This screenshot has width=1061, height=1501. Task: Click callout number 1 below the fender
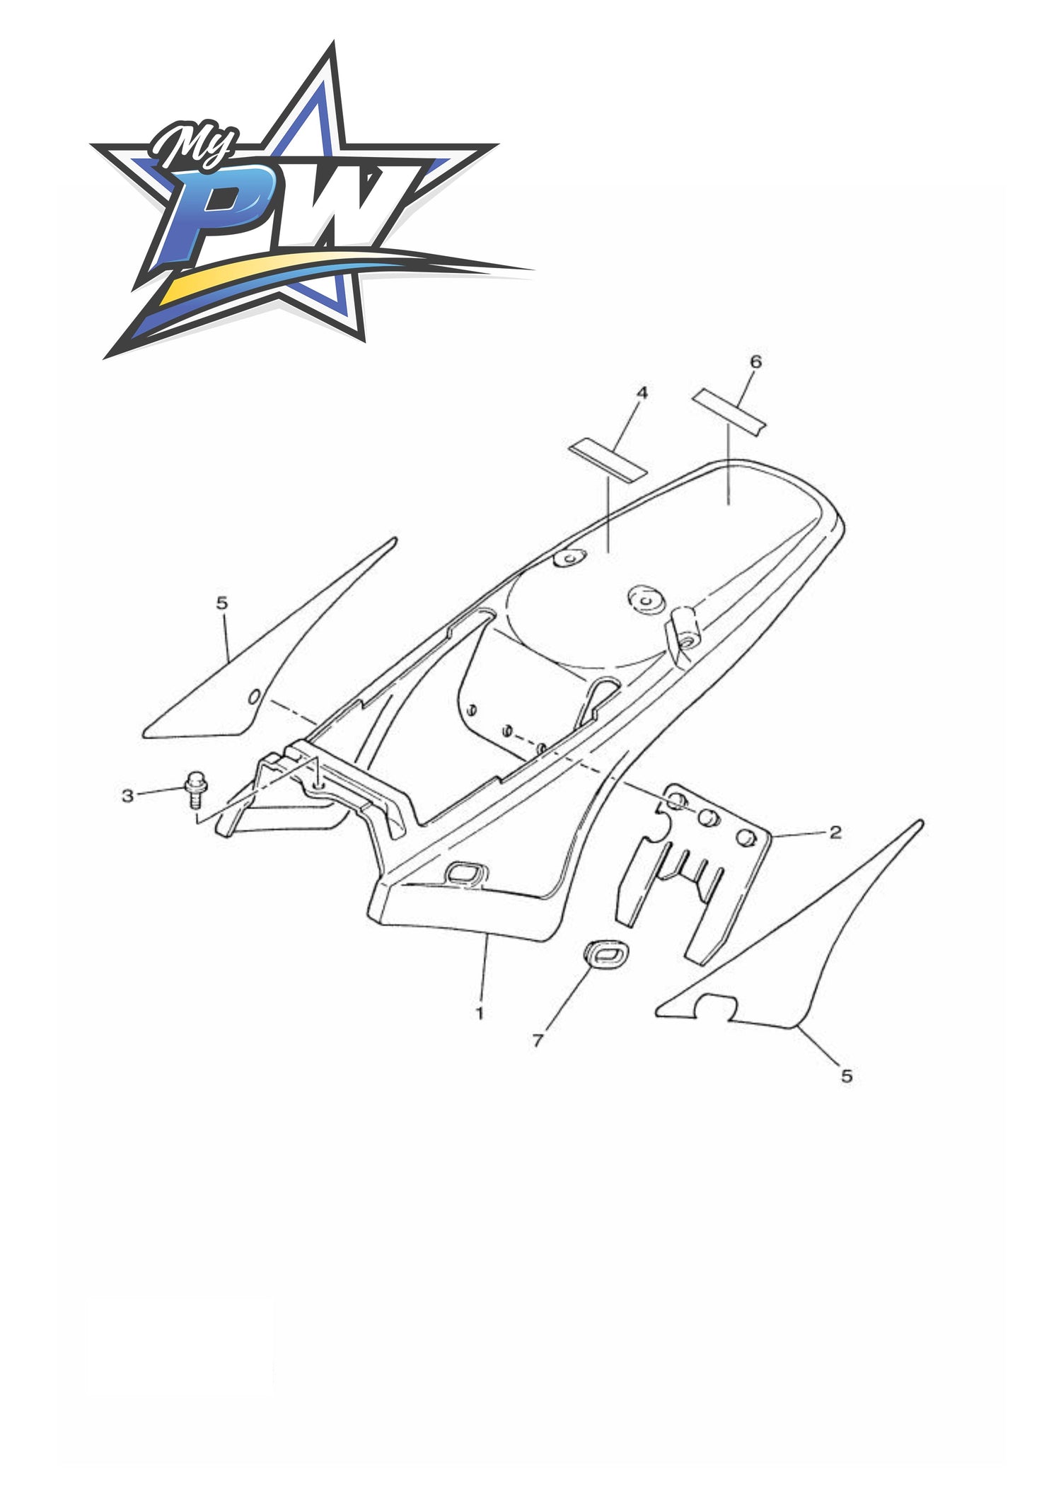(x=480, y=1013)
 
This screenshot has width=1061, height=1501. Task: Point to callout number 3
(x=127, y=796)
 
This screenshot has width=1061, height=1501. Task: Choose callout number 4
(x=642, y=393)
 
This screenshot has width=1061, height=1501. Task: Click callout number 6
(x=755, y=361)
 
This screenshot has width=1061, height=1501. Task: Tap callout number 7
(x=538, y=1041)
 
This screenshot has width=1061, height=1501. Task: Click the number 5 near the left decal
(x=222, y=603)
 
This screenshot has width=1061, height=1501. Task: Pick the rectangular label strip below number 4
(x=609, y=460)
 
